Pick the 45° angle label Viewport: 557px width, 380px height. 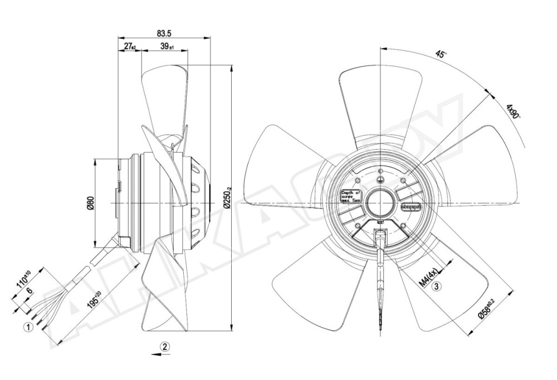point(442,55)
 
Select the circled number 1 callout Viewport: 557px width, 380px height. point(26,327)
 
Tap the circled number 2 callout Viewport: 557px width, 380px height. point(165,346)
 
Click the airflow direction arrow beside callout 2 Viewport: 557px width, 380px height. point(152,353)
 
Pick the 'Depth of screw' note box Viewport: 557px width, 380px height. point(351,195)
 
